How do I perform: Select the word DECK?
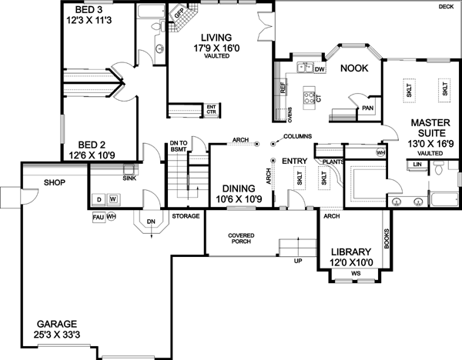pos(446,6)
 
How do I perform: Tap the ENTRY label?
pos(294,161)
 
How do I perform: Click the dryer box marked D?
pos(99,199)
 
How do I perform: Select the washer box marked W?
pos(112,199)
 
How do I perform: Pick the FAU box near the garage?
pos(97,216)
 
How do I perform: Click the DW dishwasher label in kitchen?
pos(320,69)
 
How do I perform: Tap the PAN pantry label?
pos(367,108)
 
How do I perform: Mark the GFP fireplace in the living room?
pos(179,13)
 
